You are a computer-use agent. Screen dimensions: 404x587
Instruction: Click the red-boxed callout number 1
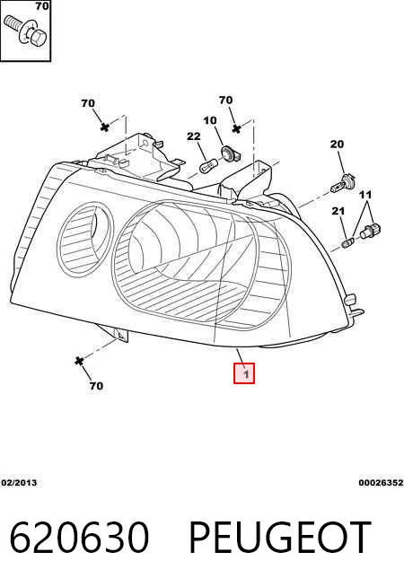[x=244, y=373]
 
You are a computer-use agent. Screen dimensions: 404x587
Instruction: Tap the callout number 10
[x=210, y=120]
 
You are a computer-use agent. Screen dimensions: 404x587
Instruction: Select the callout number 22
[x=194, y=136]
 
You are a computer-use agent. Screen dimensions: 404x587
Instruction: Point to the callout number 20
[x=337, y=145]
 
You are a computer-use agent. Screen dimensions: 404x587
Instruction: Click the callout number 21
[x=338, y=211]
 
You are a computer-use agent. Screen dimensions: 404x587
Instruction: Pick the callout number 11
[x=365, y=195]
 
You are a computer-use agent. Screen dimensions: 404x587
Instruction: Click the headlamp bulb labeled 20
[x=343, y=182]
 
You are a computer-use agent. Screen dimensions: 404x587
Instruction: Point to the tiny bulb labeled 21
[x=347, y=242]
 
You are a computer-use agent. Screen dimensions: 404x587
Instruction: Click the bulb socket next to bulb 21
[x=370, y=231]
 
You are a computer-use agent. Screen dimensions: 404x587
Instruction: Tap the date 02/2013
[x=19, y=483]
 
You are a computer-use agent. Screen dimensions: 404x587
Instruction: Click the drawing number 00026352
[x=381, y=483]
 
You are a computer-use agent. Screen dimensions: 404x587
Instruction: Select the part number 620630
[x=79, y=538]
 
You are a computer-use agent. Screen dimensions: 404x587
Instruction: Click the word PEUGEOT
[x=279, y=538]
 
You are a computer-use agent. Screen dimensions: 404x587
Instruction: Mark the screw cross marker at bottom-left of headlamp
[x=79, y=361]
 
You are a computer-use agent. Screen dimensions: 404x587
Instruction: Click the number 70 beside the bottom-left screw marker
[x=96, y=386]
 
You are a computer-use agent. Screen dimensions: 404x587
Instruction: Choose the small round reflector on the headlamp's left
[x=84, y=239]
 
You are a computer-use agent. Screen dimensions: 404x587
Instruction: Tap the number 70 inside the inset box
[x=42, y=6]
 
